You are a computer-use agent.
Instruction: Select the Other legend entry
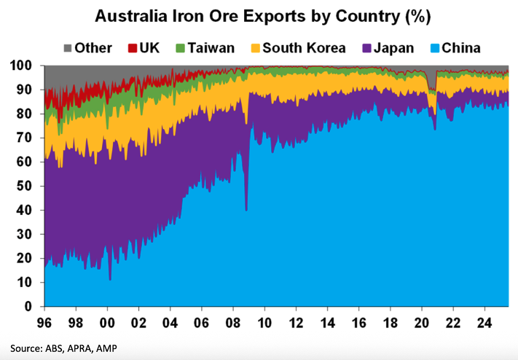86,49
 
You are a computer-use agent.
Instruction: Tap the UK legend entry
145,49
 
